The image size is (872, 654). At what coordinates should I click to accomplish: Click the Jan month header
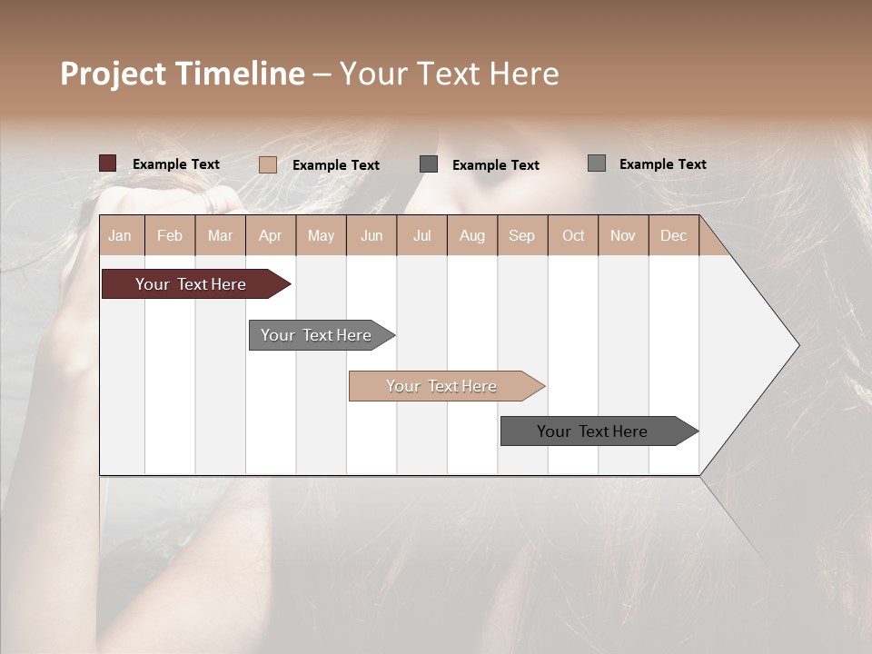pyautogui.click(x=120, y=235)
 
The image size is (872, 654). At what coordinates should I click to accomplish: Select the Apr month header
pyautogui.click(x=270, y=235)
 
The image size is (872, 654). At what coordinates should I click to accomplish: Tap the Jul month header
pyautogui.click(x=421, y=235)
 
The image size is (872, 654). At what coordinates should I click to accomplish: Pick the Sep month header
pyautogui.click(x=521, y=235)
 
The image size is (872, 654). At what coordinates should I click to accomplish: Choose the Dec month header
pyautogui.click(x=673, y=235)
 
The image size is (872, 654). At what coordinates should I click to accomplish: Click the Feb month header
pyautogui.click(x=170, y=235)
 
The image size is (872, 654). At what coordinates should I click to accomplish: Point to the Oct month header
pyautogui.click(x=573, y=235)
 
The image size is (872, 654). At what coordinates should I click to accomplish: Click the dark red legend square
pyautogui.click(x=107, y=163)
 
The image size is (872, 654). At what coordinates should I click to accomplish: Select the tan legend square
pyautogui.click(x=267, y=164)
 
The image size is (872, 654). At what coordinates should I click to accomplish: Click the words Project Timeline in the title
pyautogui.click(x=183, y=74)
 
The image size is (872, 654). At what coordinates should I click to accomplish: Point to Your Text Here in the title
pyautogui.click(x=449, y=74)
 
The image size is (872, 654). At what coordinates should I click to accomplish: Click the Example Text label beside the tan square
pyautogui.click(x=336, y=165)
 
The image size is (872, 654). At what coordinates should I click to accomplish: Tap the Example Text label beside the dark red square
pyautogui.click(x=176, y=164)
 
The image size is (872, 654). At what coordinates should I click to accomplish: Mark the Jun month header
pyautogui.click(x=372, y=235)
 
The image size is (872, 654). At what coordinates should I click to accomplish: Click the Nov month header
pyautogui.click(x=623, y=235)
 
